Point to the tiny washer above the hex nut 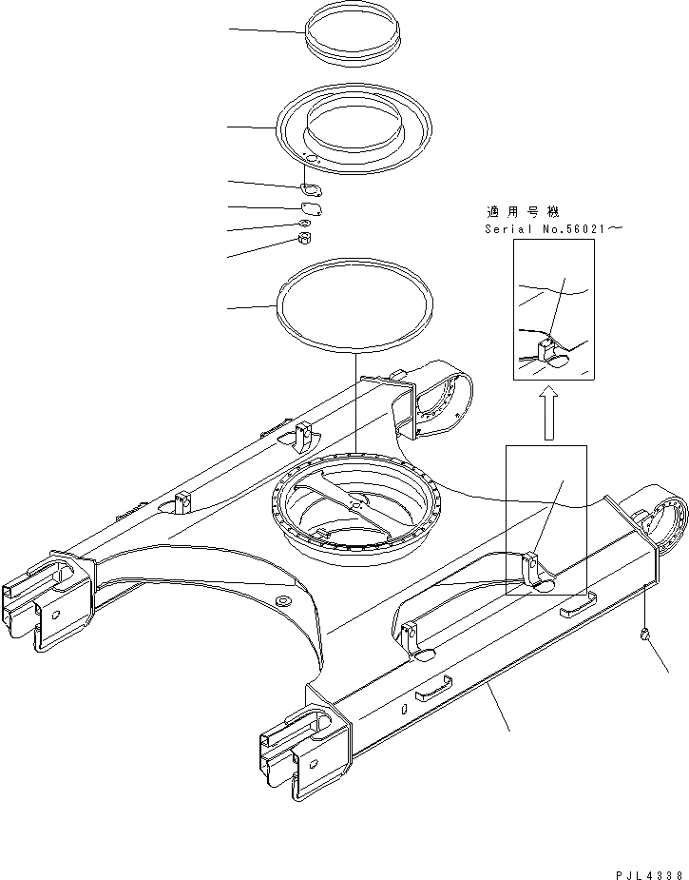[x=305, y=224]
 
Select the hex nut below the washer [x=306, y=238]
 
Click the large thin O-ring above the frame [x=354, y=306]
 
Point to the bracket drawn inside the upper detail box [x=548, y=352]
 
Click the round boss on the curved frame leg [x=283, y=601]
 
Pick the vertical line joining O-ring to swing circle [x=354, y=400]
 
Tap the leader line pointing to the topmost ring [x=266, y=30]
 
